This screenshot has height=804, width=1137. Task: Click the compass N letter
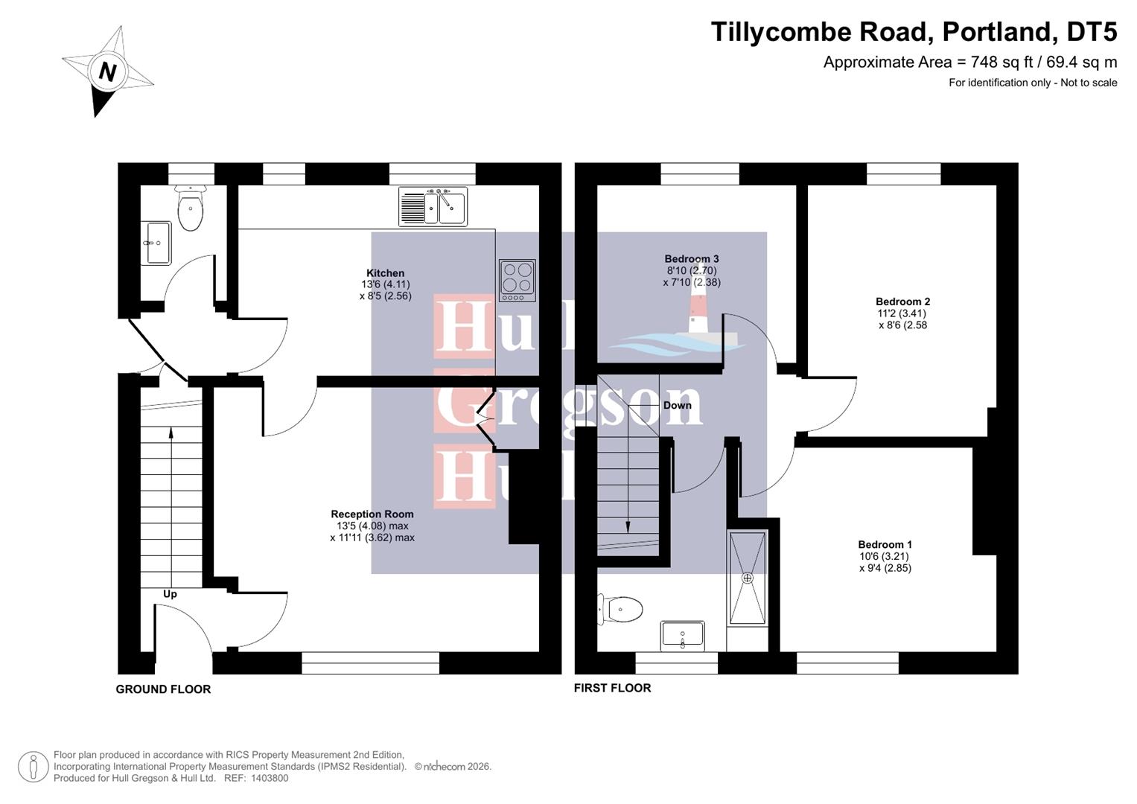108,72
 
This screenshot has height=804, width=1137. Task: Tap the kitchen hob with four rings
517,280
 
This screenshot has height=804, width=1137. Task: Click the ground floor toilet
191,211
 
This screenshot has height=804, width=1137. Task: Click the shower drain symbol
748,578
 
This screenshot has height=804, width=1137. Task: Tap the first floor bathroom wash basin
682,636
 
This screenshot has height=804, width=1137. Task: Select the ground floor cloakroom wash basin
158,243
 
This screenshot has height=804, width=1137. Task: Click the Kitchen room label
385,273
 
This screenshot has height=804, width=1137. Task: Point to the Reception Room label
372,514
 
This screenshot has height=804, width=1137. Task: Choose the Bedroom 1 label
885,544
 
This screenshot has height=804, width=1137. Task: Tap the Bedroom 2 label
902,301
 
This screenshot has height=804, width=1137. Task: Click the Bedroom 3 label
692,259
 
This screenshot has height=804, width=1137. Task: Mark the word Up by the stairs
170,594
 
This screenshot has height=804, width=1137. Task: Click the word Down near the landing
677,405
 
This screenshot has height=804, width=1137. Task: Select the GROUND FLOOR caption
163,689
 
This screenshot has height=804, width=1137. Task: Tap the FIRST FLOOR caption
612,688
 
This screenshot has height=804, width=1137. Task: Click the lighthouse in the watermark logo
698,313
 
